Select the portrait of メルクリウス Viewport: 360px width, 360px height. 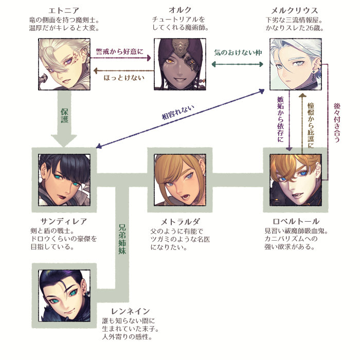pos(296,64)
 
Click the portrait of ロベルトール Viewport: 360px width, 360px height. pos(296,179)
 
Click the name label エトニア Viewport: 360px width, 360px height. pos(64,10)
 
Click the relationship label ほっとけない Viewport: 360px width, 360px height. pos(123,78)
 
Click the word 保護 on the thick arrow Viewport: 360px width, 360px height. pos(64,116)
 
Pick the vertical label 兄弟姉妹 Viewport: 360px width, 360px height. pos(122,241)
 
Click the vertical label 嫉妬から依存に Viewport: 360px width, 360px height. pos(280,119)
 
